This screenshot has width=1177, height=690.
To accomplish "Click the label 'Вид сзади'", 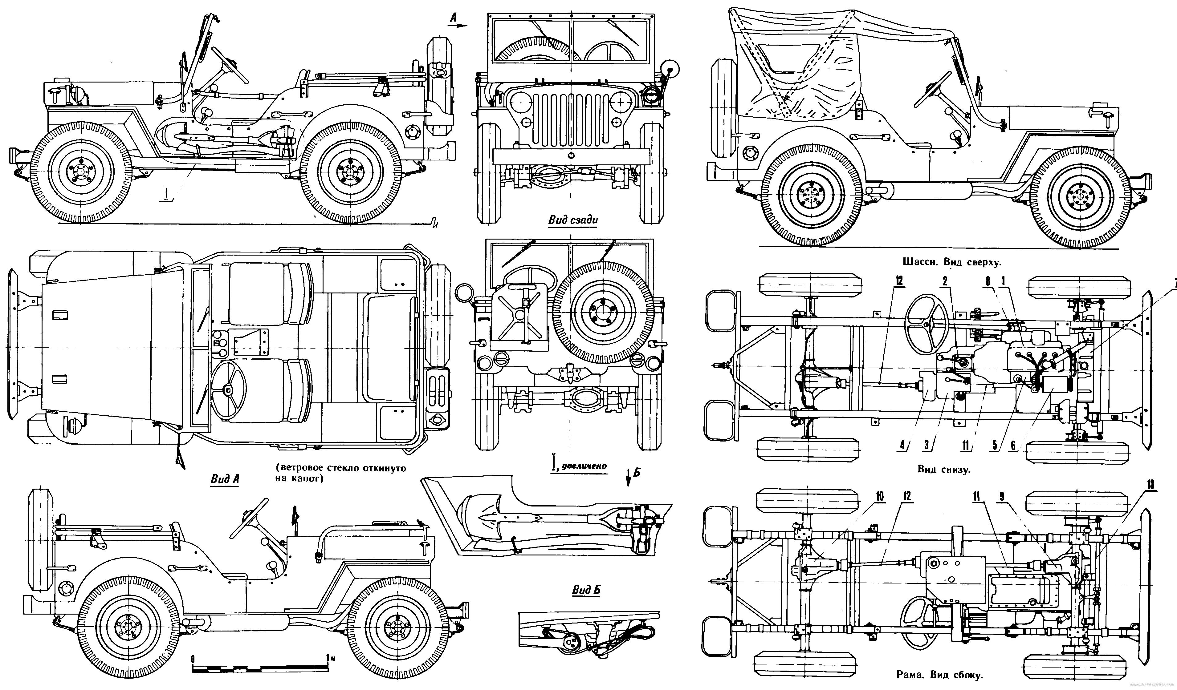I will point(572,220).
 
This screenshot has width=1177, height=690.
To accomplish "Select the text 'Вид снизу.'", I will point(943,469).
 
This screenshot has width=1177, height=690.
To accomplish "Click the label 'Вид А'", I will point(225,479).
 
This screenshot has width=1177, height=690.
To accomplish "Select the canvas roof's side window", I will point(787,59).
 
